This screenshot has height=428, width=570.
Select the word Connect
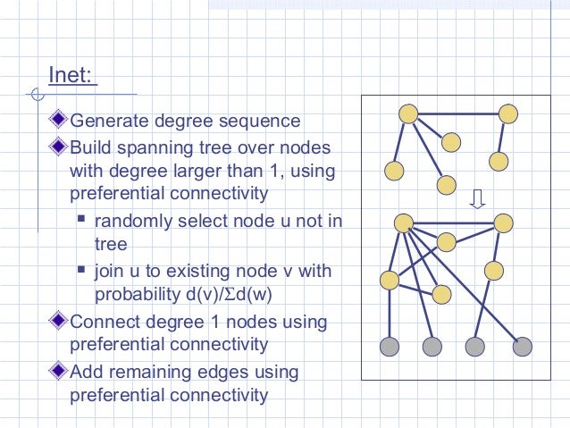[x=103, y=321]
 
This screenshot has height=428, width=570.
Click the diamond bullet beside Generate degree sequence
[x=60, y=119]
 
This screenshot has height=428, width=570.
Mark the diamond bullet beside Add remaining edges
[x=60, y=370]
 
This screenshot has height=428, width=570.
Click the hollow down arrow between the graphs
[x=478, y=197]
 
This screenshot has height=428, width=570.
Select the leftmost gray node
[x=389, y=346]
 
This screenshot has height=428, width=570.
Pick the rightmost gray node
[x=523, y=346]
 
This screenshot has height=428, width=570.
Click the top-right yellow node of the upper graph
[x=508, y=114]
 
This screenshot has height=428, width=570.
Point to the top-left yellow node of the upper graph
[x=408, y=113]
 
